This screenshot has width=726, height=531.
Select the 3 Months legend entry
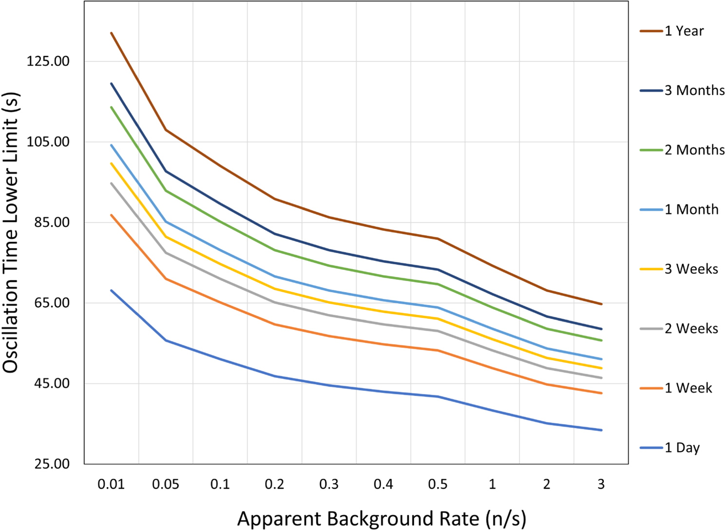pyautogui.click(x=682, y=91)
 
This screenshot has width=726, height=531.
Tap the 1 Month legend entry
pyautogui.click(x=679, y=210)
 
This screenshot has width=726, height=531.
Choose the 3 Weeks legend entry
pyautogui.click(x=679, y=269)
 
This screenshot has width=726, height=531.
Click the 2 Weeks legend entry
pyautogui.click(x=679, y=329)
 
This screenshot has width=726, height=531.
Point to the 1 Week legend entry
pyautogui.click(x=676, y=388)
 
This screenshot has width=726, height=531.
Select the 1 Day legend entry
pyautogui.click(x=670, y=448)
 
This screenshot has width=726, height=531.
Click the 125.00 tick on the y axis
pyautogui.click(x=48, y=61)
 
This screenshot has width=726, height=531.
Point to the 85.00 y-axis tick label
pyautogui.click(x=52, y=222)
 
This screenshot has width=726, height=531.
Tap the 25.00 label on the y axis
pyautogui.click(x=52, y=464)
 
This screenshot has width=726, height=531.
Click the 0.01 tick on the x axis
pyautogui.click(x=111, y=484)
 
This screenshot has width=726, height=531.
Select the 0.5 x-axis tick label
pyautogui.click(x=438, y=484)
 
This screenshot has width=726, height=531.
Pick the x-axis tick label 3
pyautogui.click(x=601, y=484)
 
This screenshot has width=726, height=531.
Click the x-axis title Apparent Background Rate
pyautogui.click(x=358, y=518)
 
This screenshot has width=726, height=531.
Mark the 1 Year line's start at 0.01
pyautogui.click(x=111, y=33)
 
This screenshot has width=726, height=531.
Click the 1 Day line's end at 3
pyautogui.click(x=602, y=430)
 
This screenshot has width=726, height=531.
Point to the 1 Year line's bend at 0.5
pyautogui.click(x=438, y=239)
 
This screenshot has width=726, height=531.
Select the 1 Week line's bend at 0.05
pyautogui.click(x=166, y=279)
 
